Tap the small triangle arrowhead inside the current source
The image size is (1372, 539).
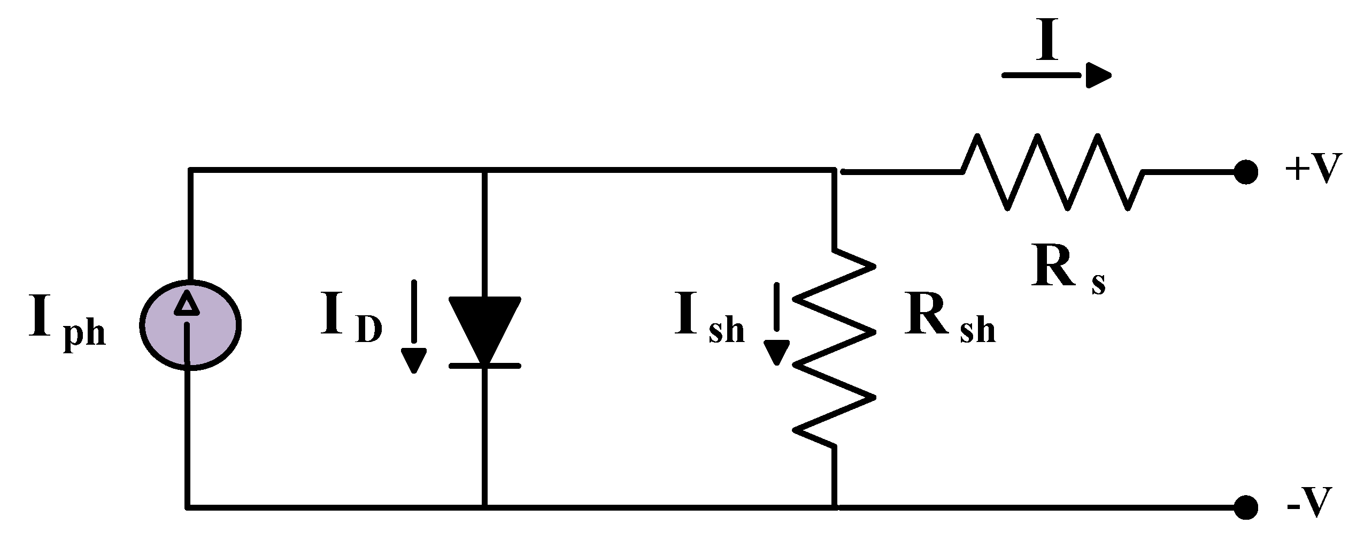click(x=187, y=303)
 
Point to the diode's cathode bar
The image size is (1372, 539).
click(x=484, y=366)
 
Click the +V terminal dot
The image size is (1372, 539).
click(x=1246, y=172)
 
